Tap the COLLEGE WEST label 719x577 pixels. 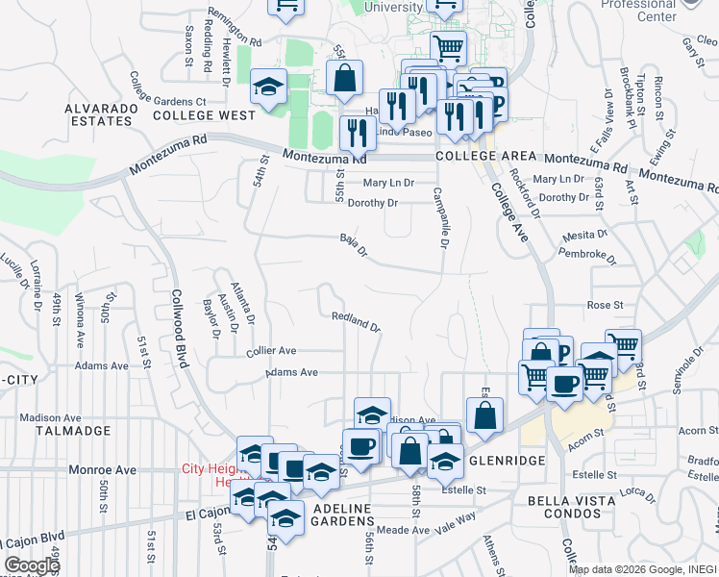point(204,115)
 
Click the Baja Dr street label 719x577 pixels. point(354,245)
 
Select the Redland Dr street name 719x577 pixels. point(357,321)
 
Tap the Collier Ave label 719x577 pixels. point(271,351)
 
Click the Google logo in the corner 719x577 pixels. point(32,565)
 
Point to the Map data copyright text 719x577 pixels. point(641,569)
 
